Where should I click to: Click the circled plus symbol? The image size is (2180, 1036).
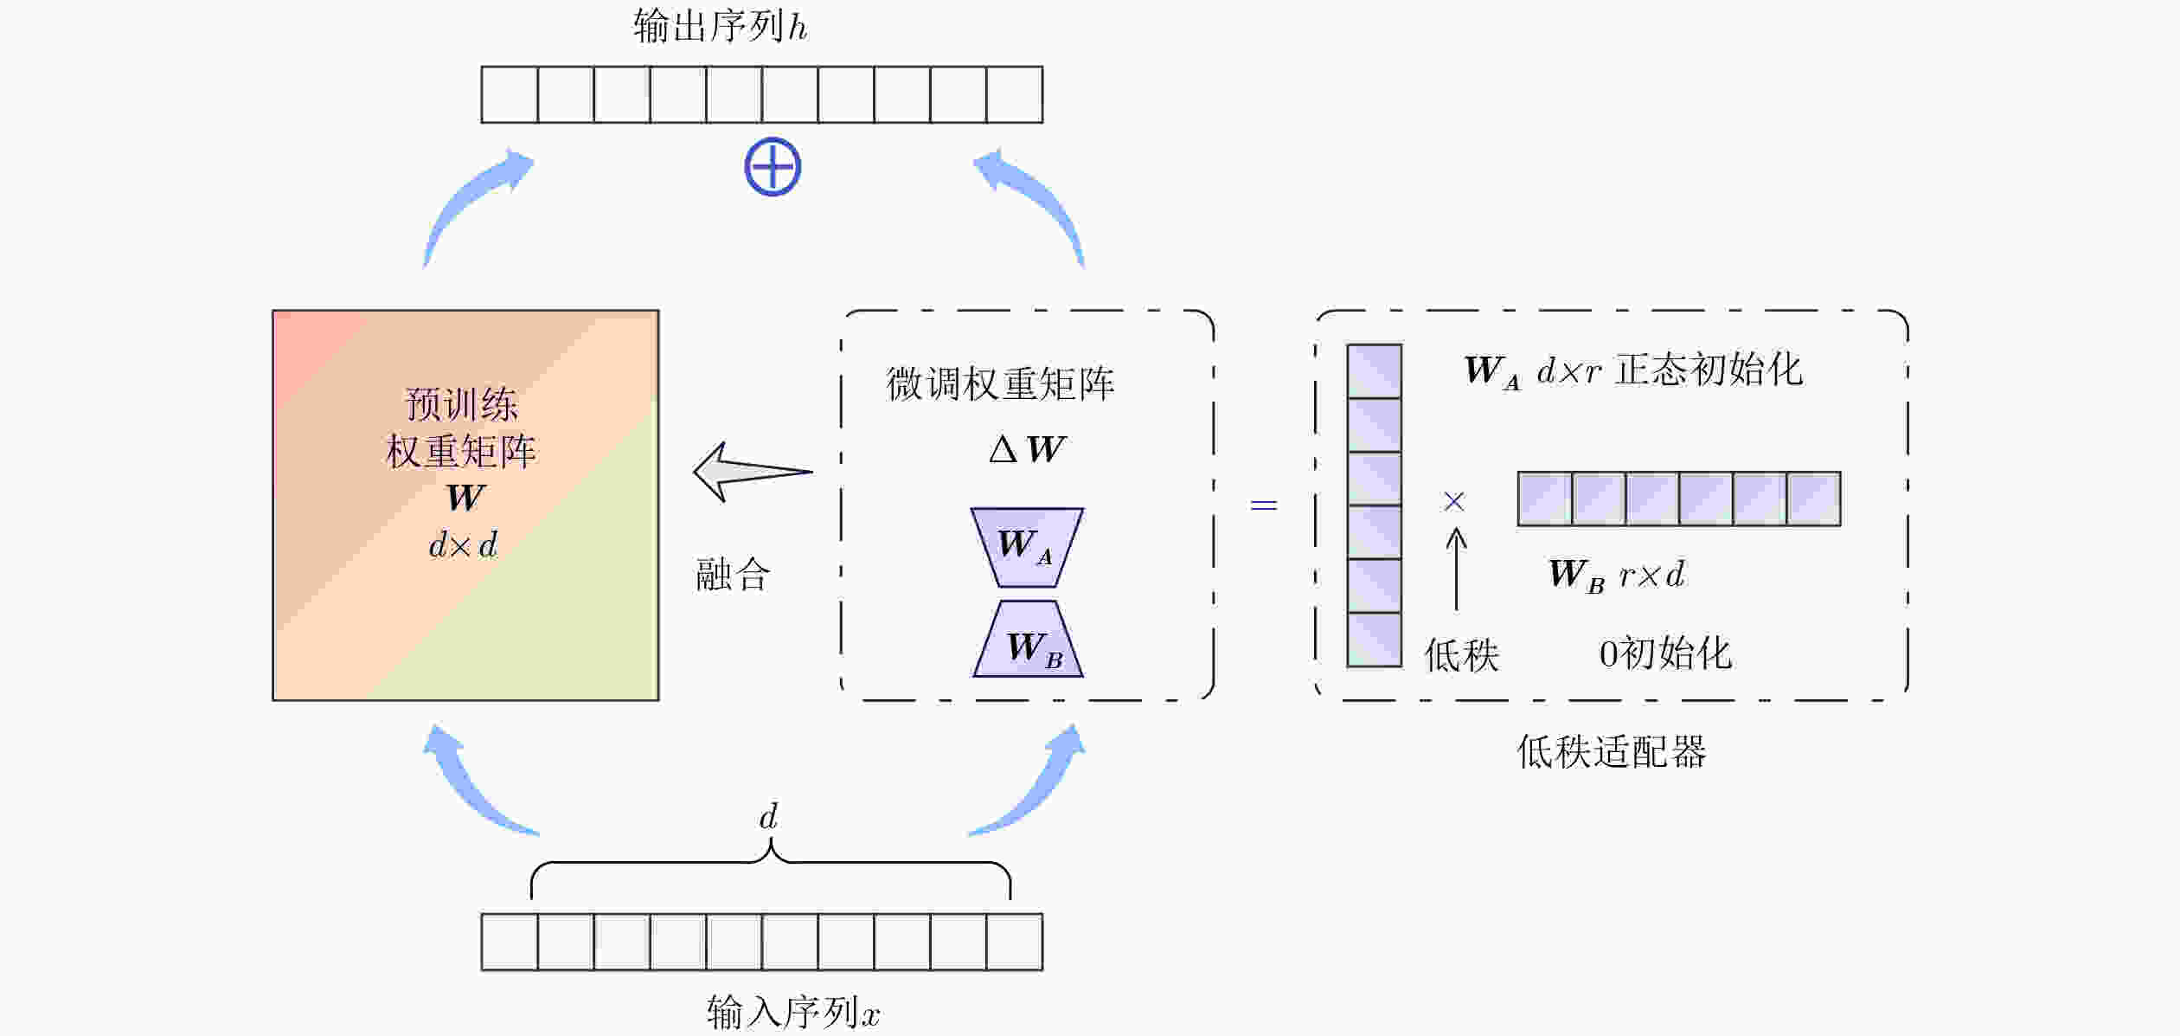tap(773, 167)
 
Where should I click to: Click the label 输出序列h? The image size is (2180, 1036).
tap(720, 27)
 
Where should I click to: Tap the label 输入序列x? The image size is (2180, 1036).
tap(792, 1011)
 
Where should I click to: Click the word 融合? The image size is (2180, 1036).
tap(732, 575)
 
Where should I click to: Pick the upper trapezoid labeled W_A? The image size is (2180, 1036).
tap(1027, 547)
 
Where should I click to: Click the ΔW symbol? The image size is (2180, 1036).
tap(1027, 449)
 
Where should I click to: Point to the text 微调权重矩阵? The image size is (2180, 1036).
tap(1000, 383)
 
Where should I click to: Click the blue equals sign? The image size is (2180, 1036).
tap(1264, 505)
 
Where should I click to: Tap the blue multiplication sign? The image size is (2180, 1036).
tap(1454, 501)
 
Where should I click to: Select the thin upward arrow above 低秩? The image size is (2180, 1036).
tap(1457, 569)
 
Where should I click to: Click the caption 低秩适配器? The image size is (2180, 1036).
tap(1612, 751)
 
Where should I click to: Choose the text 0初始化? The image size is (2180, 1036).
tap(1664, 653)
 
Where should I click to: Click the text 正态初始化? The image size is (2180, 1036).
tap(1709, 370)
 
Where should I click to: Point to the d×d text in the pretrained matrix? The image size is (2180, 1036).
tap(464, 545)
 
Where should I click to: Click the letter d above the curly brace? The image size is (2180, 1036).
tap(768, 816)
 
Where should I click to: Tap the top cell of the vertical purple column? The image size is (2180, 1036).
tap(1374, 371)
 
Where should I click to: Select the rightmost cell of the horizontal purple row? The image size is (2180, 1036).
tap(1813, 499)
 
